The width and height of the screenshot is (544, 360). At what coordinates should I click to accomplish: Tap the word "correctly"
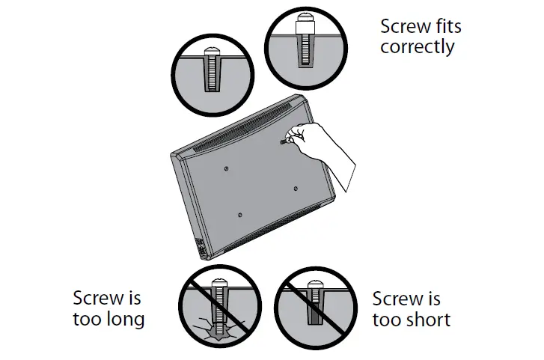click(x=417, y=47)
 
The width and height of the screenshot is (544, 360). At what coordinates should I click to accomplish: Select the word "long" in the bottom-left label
click(x=126, y=320)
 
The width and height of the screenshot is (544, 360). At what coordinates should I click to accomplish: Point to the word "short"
click(x=426, y=320)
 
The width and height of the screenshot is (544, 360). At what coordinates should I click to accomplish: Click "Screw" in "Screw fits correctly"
click(x=405, y=27)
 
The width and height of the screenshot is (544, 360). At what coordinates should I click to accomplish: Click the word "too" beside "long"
click(x=87, y=320)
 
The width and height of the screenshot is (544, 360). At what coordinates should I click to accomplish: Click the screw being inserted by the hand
click(x=285, y=140)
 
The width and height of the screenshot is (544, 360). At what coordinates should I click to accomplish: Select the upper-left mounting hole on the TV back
click(x=227, y=168)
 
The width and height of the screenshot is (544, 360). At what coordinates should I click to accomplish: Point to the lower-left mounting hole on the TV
click(x=239, y=216)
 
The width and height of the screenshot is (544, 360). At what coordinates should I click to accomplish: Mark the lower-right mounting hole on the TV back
click(x=296, y=187)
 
